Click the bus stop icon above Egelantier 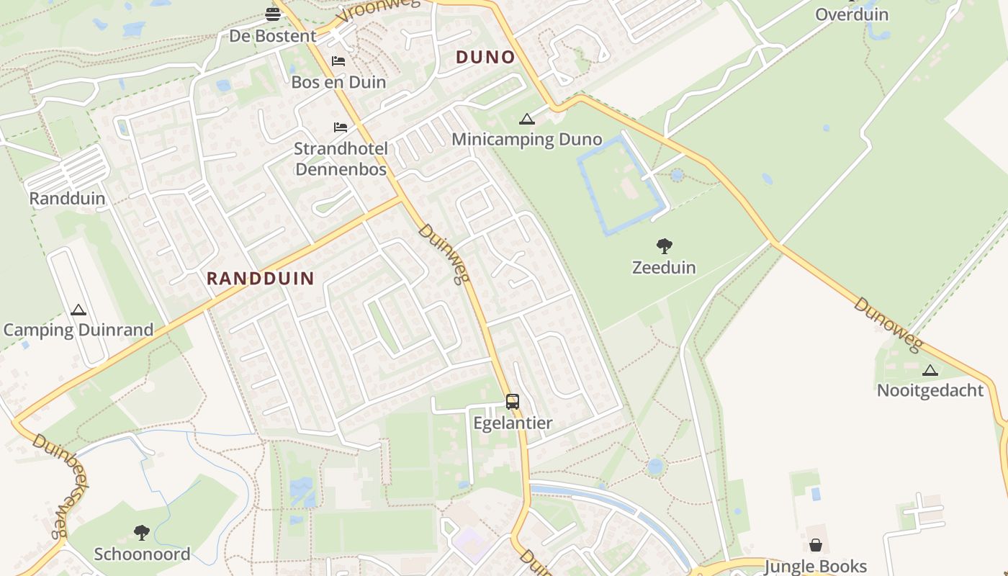click(x=512, y=402)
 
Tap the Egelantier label click(x=512, y=423)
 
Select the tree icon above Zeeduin click(x=664, y=247)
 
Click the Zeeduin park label click(x=664, y=268)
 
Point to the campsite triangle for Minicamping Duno click(x=527, y=120)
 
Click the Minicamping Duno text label click(x=527, y=140)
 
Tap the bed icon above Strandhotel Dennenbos click(x=341, y=127)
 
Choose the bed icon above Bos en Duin click(x=338, y=61)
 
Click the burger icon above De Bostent click(x=273, y=14)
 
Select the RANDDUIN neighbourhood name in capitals click(x=261, y=279)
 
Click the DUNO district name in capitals click(x=486, y=58)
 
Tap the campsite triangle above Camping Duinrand click(x=78, y=310)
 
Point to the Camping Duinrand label click(x=78, y=330)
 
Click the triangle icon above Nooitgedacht click(x=930, y=371)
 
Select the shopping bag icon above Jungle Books click(x=815, y=545)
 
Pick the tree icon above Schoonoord click(x=142, y=533)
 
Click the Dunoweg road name click(x=887, y=325)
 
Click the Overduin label click(x=852, y=14)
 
